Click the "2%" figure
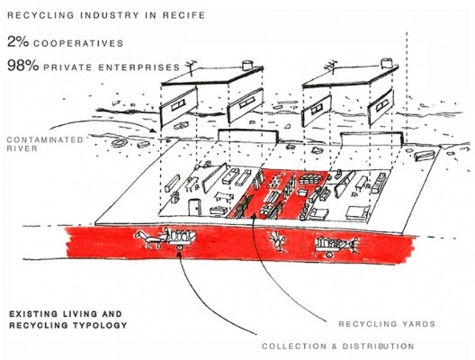point(18,41)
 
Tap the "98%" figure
point(23,66)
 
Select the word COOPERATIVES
point(78,43)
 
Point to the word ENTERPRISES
point(139,67)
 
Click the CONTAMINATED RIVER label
point(45,144)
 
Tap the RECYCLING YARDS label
point(387,324)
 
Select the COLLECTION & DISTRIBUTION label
point(337,346)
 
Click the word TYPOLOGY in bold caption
point(100,326)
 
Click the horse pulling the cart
point(148,239)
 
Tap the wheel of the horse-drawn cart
point(179,247)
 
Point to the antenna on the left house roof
point(190,67)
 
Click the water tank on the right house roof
point(386,63)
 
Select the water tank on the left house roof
point(247,65)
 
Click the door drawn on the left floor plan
point(194,207)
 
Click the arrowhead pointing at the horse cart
point(179,254)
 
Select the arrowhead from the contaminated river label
point(154,130)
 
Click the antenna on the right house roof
point(330,67)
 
